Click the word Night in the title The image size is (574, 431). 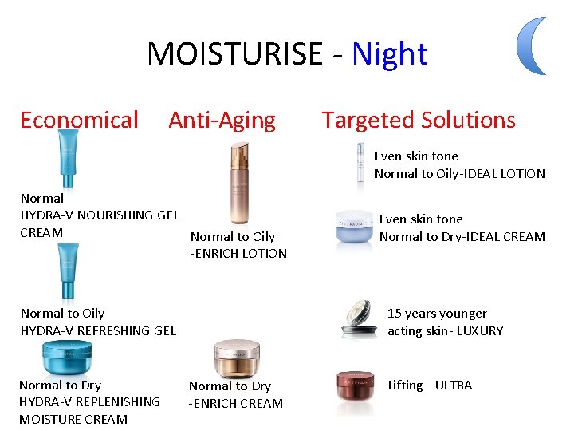click(x=389, y=54)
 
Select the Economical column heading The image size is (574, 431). click(x=79, y=121)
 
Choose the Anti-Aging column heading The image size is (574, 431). click(x=222, y=121)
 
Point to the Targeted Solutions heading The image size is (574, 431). click(x=419, y=121)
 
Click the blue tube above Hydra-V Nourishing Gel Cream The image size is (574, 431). click(x=69, y=160)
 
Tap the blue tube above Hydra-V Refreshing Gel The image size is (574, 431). click(x=69, y=271)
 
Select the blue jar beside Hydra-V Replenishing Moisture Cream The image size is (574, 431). click(x=67, y=357)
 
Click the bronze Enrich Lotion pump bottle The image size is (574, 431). click(x=239, y=184)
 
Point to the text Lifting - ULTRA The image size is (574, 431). click(x=430, y=386)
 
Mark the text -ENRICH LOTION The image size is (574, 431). click(x=238, y=254)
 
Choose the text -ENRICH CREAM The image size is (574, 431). click(x=236, y=404)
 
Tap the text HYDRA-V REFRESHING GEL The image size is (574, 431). click(x=98, y=331)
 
